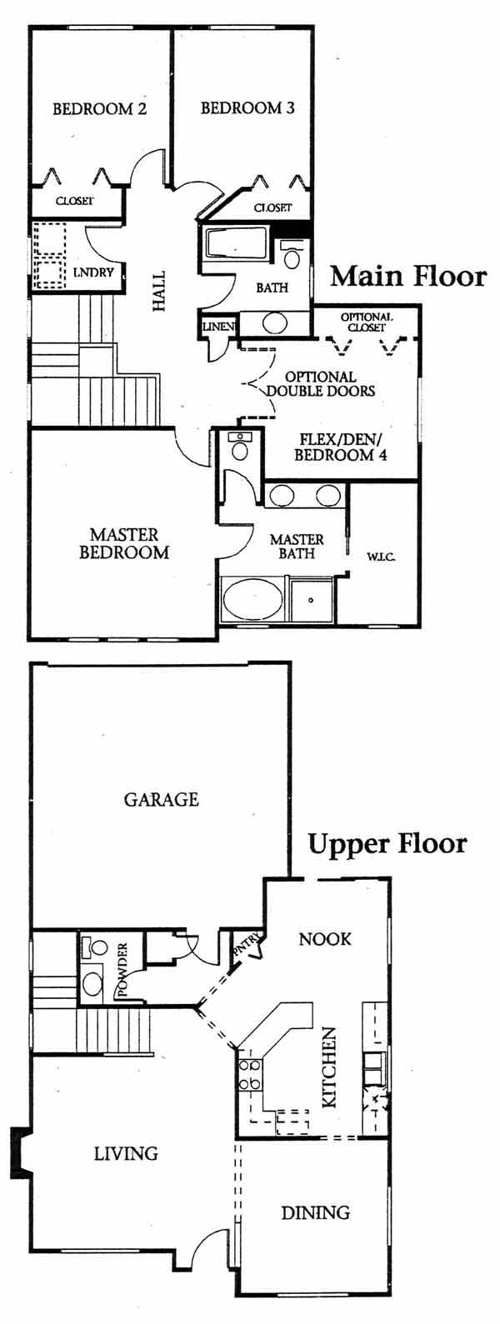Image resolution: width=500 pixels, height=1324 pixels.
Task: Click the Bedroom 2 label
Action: tap(99, 109)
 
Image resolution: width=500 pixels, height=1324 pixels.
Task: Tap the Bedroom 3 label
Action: tap(247, 108)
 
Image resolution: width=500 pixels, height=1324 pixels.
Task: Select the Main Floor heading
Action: tap(408, 277)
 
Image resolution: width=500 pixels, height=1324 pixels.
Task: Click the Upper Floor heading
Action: tap(387, 845)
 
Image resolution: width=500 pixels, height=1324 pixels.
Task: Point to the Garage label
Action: tap(162, 800)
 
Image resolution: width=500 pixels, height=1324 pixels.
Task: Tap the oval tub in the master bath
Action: tap(253, 599)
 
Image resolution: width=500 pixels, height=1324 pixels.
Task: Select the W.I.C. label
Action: tap(381, 557)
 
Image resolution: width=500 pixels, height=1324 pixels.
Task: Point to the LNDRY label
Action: tap(93, 273)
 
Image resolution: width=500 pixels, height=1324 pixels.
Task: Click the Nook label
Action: tap(325, 938)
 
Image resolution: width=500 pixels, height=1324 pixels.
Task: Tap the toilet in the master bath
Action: tap(239, 447)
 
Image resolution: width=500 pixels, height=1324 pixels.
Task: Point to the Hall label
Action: tap(158, 292)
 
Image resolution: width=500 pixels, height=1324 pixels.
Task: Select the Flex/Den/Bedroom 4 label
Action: tap(337, 447)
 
